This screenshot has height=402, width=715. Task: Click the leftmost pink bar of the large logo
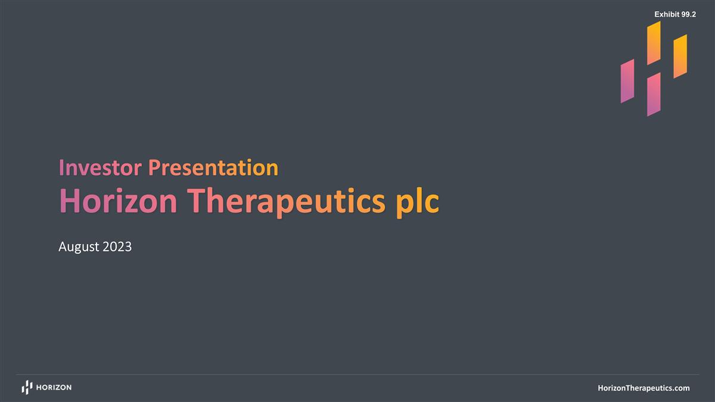[x=627, y=81]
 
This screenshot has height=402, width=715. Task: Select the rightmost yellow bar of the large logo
[x=680, y=56]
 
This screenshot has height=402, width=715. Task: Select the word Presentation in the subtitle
[x=213, y=168]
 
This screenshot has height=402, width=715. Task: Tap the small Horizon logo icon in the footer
[x=27, y=388]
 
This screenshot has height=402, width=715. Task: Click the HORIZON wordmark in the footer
[x=54, y=388]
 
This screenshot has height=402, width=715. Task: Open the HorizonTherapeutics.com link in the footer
[x=643, y=388]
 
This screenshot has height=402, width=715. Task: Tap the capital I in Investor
[x=61, y=168]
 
